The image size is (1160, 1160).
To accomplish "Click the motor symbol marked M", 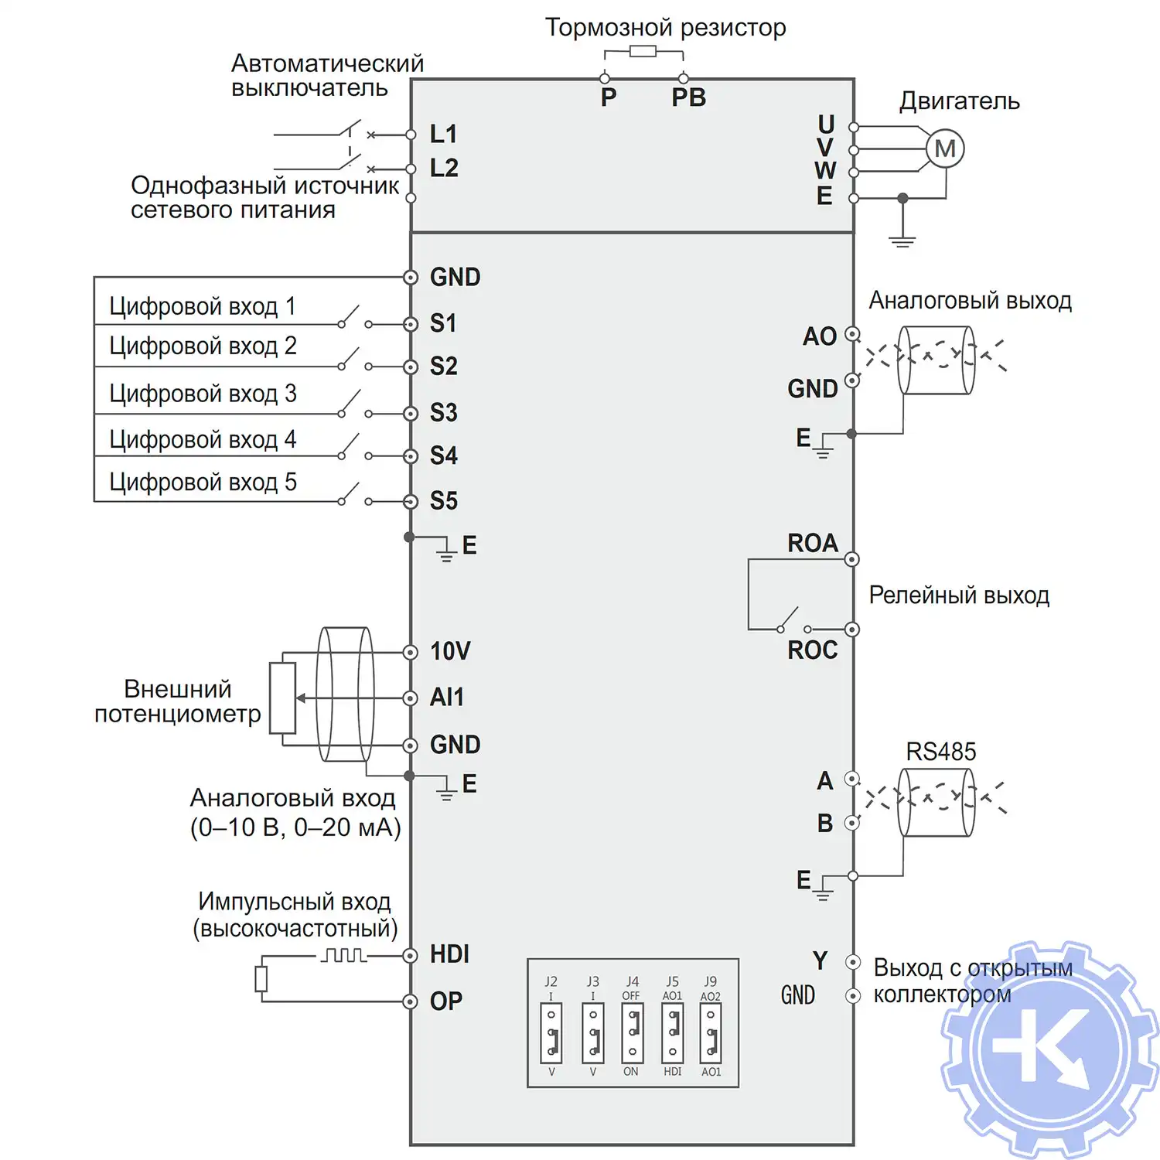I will tap(945, 149).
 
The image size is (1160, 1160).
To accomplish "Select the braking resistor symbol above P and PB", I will tap(643, 52).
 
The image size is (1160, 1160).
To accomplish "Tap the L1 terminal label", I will tap(444, 134).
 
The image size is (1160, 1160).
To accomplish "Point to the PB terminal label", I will tap(688, 98).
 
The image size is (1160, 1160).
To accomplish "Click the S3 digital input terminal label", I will tap(444, 413).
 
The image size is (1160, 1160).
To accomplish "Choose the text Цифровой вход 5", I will tap(203, 483).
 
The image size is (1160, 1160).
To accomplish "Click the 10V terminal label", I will tap(450, 651).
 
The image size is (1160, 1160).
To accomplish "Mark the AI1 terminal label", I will tap(447, 698).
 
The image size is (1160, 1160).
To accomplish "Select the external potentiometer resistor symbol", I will tap(283, 698).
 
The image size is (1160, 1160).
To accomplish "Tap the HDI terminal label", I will tap(449, 954).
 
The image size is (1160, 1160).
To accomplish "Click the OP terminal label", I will tap(446, 1001).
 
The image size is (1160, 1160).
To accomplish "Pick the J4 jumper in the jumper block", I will tap(632, 1033).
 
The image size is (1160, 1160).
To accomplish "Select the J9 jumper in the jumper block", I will tap(711, 1033).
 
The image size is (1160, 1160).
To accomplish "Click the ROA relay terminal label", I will tap(813, 543).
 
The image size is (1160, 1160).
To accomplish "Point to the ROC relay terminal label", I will tap(813, 650).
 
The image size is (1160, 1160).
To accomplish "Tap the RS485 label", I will tap(940, 752).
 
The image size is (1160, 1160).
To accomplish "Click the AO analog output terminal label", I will tap(820, 336).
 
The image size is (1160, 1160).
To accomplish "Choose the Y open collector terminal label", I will tap(821, 961).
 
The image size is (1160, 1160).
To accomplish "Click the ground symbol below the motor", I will tap(902, 241).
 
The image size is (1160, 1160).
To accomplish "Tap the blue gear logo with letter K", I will tap(1049, 1050).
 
